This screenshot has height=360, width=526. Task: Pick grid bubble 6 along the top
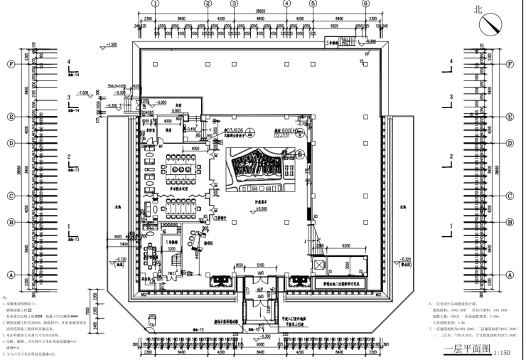pyautogui.click(x=365, y=4)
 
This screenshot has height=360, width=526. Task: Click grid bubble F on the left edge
pyautogui.click(x=11, y=63)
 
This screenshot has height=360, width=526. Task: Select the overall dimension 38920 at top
pyautogui.click(x=263, y=12)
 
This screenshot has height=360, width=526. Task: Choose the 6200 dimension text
pyautogui.click(x=342, y=245)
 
